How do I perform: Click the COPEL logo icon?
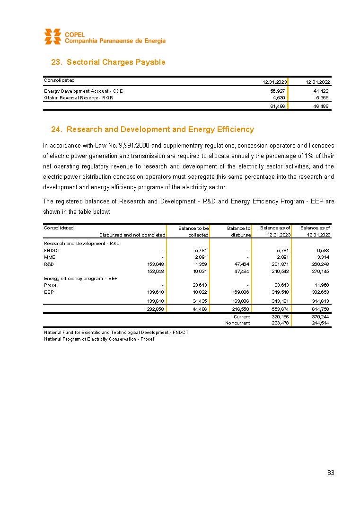click(53, 36)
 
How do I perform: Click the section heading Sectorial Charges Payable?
click(108, 62)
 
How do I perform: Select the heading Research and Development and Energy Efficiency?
click(152, 129)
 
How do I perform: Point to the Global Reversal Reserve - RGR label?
click(79, 98)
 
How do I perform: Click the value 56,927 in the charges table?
click(277, 91)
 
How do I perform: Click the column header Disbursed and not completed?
click(132, 235)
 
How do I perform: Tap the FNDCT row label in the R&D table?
click(52, 250)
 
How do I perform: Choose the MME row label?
click(50, 257)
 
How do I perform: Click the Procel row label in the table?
click(51, 285)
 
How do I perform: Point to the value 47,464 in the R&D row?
click(241, 264)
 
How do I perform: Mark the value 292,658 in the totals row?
click(156, 309)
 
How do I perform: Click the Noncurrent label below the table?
click(237, 323)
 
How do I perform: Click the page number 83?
click(331, 473)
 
